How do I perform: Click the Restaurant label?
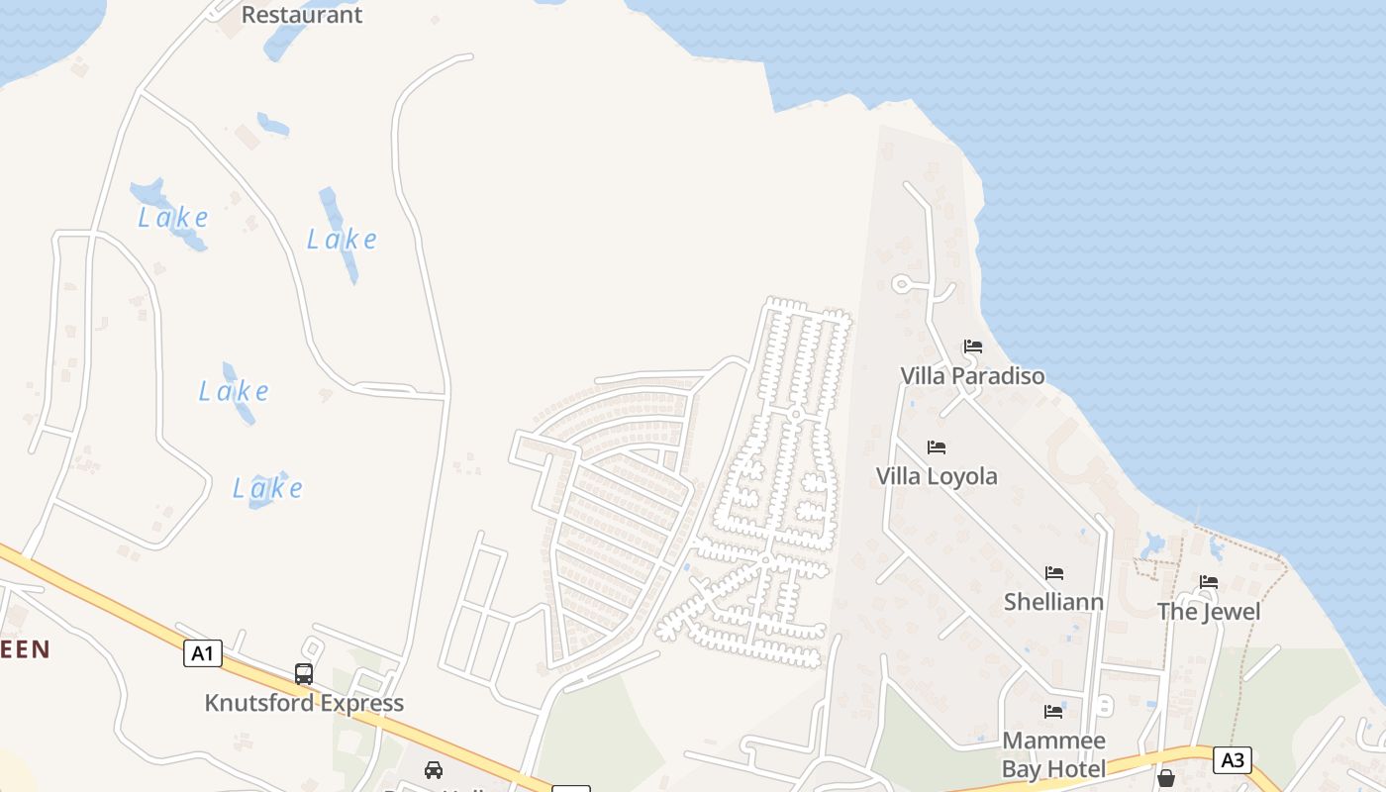302,15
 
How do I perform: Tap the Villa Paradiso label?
971,376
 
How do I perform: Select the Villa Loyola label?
937,476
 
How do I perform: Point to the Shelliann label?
1053,602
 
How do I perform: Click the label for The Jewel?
1209,612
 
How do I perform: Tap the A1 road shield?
202,653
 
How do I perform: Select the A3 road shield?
1232,760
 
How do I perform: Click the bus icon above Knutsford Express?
304,674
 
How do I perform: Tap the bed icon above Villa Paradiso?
973,346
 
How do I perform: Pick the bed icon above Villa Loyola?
937,447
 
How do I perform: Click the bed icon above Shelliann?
1054,573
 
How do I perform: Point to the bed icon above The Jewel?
1209,582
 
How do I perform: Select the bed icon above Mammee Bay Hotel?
1053,712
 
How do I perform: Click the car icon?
434,769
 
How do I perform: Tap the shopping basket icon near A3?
1166,778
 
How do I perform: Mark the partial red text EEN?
25,649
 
